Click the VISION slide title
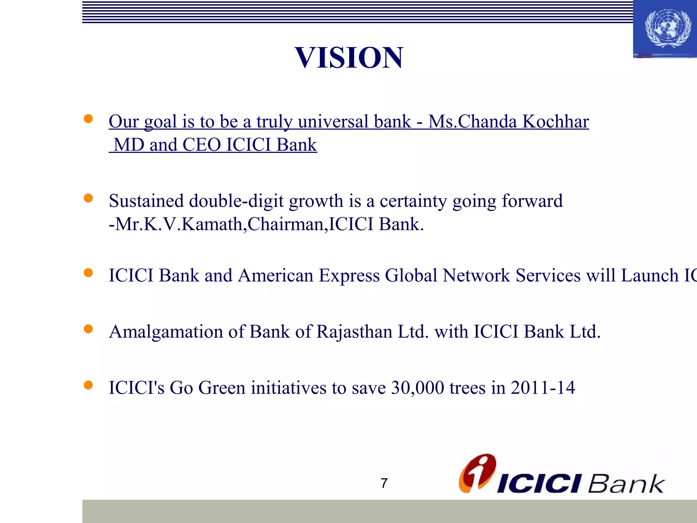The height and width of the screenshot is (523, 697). (x=349, y=58)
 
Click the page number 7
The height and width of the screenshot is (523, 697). (x=384, y=483)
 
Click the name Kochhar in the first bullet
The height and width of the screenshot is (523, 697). (x=555, y=122)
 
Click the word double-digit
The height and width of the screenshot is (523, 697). (x=236, y=201)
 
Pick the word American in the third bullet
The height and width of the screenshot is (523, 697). (x=275, y=275)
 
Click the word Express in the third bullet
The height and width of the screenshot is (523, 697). (x=349, y=275)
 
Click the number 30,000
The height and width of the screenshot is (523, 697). (x=418, y=388)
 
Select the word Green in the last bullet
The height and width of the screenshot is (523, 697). (x=222, y=388)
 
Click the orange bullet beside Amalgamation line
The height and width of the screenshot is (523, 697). (x=88, y=329)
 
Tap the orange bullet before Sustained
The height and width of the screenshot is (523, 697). (x=88, y=198)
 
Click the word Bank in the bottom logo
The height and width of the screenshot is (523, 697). (x=626, y=483)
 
